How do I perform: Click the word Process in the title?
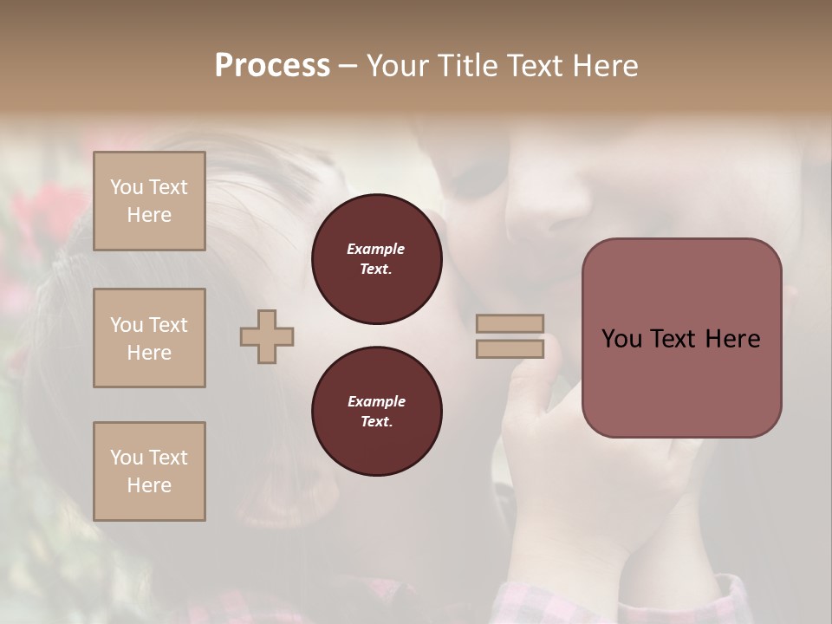tap(272, 65)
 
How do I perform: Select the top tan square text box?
tap(149, 201)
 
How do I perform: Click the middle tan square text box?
tap(149, 338)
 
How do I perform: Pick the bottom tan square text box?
tap(149, 471)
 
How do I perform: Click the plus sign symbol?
tap(267, 336)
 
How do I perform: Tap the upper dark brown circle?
tap(376, 259)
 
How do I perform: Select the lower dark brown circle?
tap(376, 412)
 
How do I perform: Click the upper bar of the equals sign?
tap(510, 324)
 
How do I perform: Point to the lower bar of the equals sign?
tap(510, 348)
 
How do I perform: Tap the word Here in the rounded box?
tap(732, 339)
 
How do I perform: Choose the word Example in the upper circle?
tap(376, 249)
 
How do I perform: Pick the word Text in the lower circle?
tap(376, 421)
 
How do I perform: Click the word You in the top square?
tap(126, 187)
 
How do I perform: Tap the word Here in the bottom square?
tap(149, 485)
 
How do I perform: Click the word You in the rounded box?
tap(621, 339)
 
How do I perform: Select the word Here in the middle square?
tap(149, 353)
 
